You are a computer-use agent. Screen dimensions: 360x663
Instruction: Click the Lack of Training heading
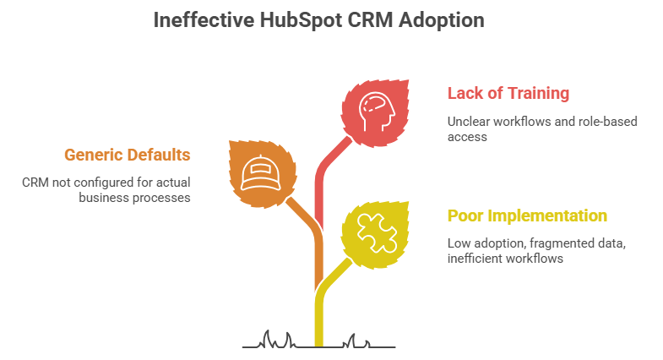(x=508, y=93)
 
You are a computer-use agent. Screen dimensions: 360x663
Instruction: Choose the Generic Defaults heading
(x=128, y=155)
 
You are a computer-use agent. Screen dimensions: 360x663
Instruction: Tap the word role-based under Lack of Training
(x=608, y=121)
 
